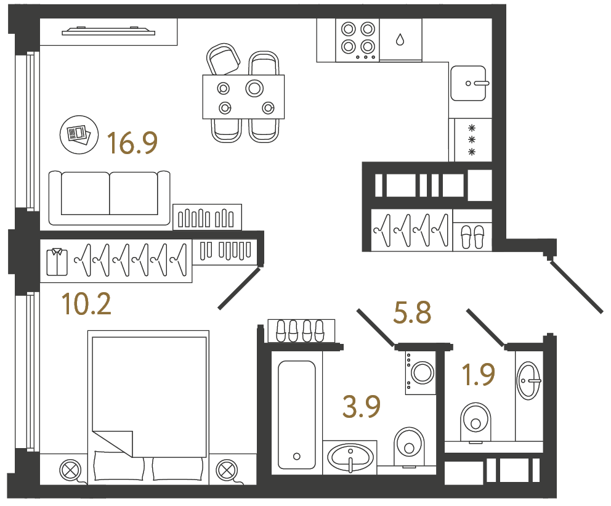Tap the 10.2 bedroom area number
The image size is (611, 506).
[87, 304]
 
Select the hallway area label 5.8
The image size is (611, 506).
[412, 313]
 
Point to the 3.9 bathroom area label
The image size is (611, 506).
[362, 407]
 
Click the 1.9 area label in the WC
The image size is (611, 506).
[479, 375]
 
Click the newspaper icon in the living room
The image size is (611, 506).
[78, 134]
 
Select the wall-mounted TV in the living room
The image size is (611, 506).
[108, 31]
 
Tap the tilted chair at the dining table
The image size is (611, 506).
[223, 60]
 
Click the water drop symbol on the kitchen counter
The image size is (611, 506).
[400, 40]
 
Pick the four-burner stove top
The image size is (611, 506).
[358, 39]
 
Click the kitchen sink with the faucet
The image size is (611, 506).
[469, 83]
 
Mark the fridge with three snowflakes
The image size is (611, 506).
[472, 140]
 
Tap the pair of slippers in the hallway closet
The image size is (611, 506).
[472, 236]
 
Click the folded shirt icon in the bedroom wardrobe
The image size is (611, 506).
[57, 261]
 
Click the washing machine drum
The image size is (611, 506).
[423, 372]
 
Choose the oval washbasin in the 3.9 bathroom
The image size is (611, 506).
[350, 457]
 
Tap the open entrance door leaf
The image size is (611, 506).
[576, 287]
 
